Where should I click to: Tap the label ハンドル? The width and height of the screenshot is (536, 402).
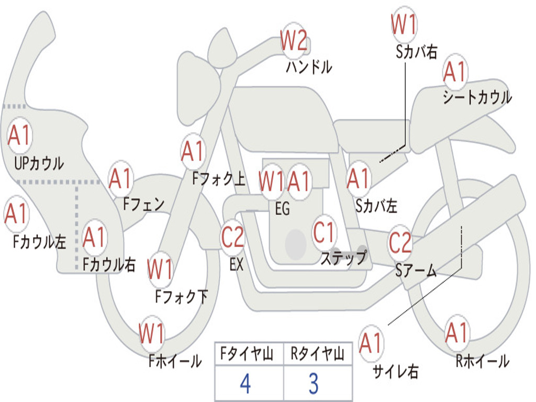[309, 66]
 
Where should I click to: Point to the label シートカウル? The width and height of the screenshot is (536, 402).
[477, 98]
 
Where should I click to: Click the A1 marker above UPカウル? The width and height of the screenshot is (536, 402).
[20, 135]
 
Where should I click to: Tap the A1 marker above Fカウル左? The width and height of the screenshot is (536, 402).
[16, 214]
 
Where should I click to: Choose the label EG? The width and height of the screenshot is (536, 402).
[282, 209]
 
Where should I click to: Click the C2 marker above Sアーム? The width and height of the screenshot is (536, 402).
[400, 243]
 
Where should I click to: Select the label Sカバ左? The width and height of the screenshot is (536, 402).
[376, 206]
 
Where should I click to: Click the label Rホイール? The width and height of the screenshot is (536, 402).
[482, 361]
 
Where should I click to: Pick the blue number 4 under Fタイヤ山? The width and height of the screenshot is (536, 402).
[245, 384]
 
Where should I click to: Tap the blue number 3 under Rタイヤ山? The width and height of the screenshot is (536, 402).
[313, 384]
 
